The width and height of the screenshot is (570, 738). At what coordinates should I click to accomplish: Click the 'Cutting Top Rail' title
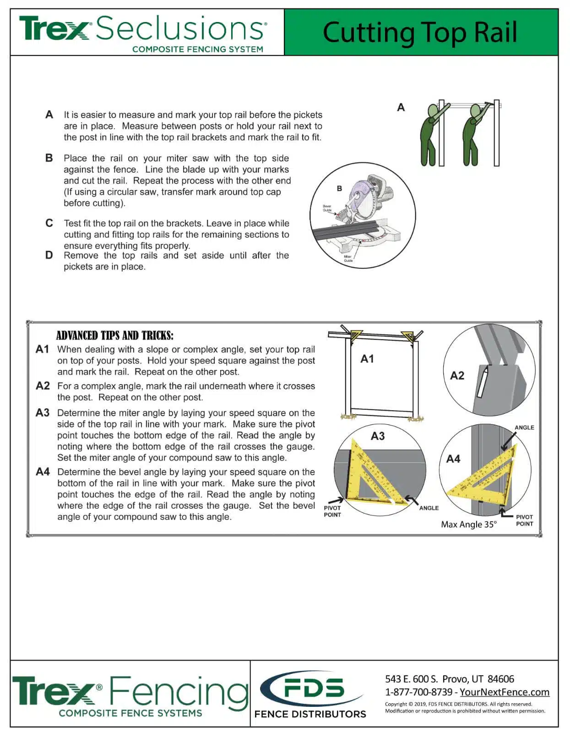pos(420,33)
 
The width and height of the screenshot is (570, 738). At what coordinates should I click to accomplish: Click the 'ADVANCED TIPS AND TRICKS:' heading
pos(114,336)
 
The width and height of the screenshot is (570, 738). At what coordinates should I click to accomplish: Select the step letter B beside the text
pos(49,158)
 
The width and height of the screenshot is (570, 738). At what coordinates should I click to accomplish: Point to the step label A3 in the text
pos(42,413)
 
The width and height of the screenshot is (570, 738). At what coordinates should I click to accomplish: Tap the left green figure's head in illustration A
pos(433,111)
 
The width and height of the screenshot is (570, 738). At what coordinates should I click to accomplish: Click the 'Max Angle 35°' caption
pos(468,525)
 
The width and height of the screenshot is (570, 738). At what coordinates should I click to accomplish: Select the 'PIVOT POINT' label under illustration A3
pos(332,511)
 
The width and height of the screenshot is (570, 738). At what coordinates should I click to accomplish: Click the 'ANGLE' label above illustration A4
pos(524,428)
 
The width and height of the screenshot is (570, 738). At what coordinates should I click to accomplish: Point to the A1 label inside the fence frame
pos(367,359)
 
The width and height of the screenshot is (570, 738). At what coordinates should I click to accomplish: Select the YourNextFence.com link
pos(504,692)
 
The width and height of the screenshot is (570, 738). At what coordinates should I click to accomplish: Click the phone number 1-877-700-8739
pos(418,692)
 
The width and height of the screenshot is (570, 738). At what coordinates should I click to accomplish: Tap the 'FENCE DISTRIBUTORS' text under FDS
pos(310,714)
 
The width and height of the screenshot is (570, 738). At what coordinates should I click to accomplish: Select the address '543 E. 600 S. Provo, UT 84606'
pos(449,679)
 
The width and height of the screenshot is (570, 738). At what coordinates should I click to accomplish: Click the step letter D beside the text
pos(49,255)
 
